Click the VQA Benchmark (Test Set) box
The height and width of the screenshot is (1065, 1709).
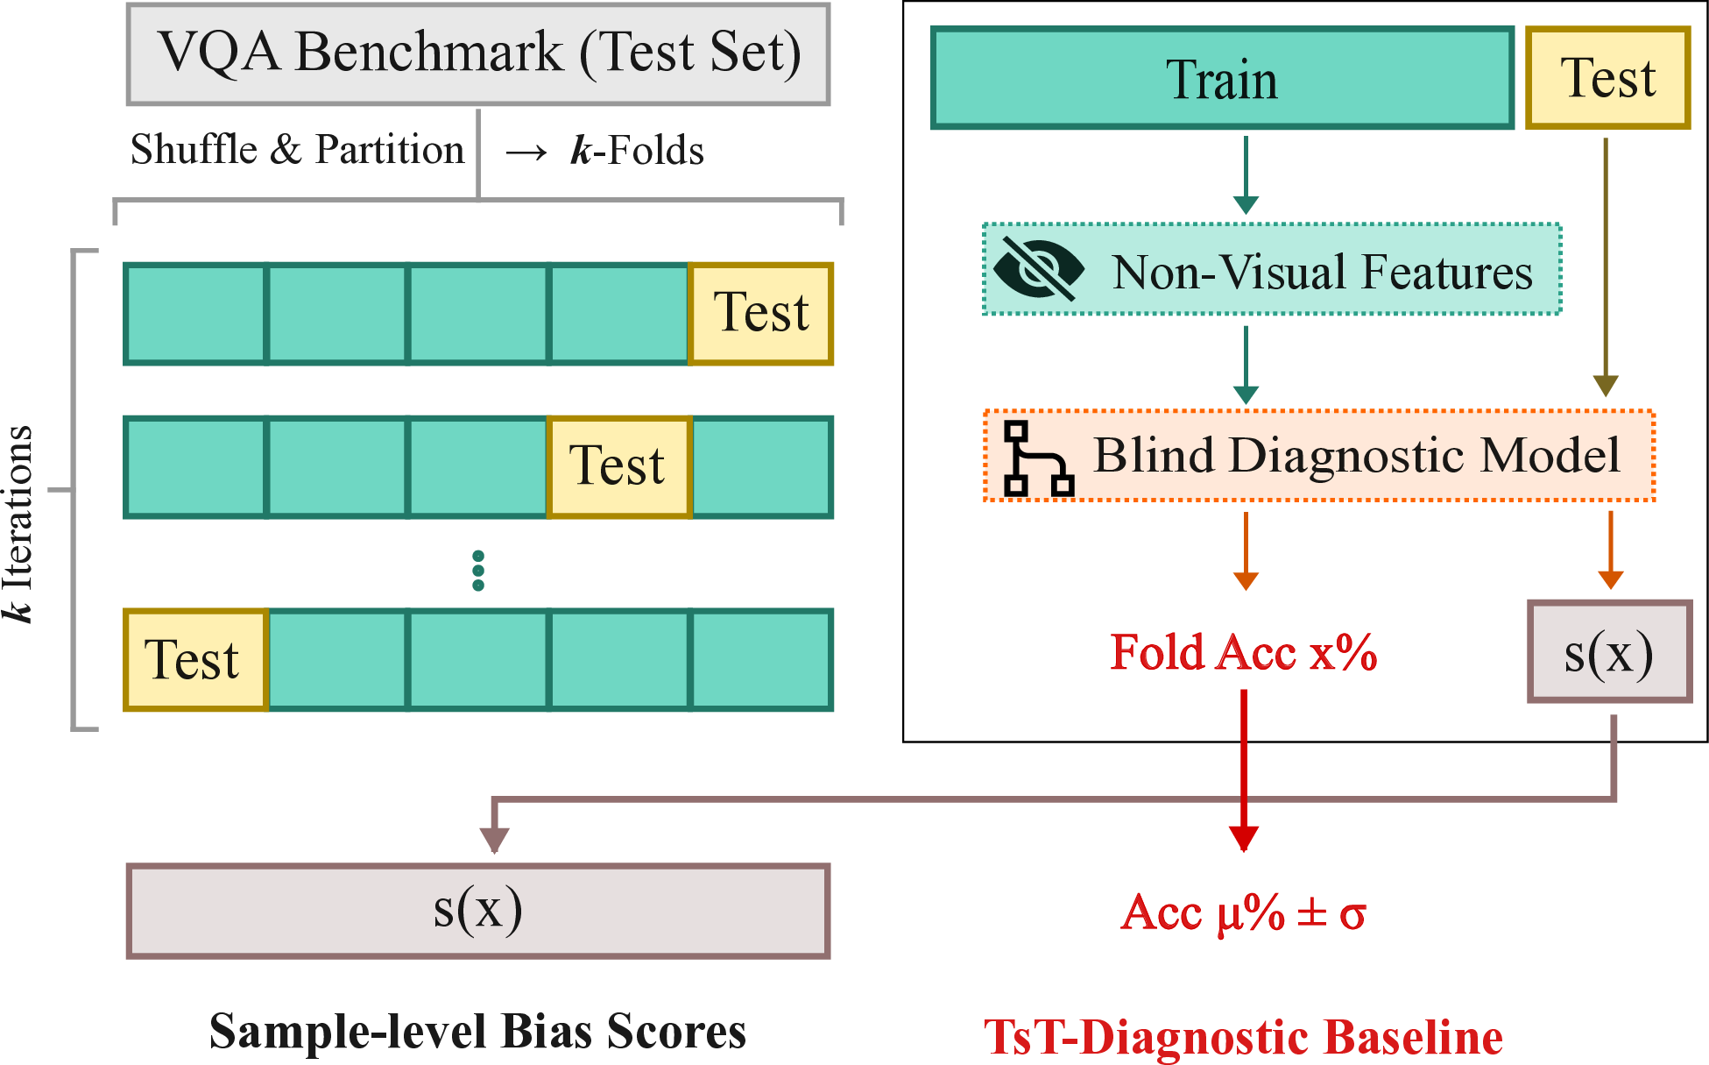tap(478, 53)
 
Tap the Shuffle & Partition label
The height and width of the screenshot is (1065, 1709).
tap(297, 150)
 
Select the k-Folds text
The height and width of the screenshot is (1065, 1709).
tap(637, 151)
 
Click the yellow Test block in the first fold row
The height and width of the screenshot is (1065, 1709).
tap(760, 313)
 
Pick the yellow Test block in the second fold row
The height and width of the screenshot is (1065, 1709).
tap(619, 466)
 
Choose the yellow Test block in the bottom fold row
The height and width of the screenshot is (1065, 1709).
tap(194, 659)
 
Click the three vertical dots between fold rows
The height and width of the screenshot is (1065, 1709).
tap(478, 571)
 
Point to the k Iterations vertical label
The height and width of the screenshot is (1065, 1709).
tap(19, 524)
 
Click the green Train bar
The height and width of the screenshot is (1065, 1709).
tap(1221, 79)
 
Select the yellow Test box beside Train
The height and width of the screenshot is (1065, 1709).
tap(1607, 78)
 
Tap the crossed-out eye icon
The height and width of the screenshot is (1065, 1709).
tap(1038, 269)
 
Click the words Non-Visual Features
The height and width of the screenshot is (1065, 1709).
tap(1322, 272)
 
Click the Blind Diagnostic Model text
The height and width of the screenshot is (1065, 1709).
tap(1357, 456)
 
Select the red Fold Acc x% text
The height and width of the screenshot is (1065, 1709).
tap(1243, 653)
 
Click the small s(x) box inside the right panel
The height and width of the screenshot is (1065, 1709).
tap(1609, 652)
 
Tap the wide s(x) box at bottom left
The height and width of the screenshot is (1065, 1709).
tap(478, 911)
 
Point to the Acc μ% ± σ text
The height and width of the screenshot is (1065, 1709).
tap(1243, 913)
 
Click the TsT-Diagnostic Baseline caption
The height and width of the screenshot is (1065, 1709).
tap(1243, 1038)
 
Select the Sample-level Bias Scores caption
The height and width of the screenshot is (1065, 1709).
tap(477, 1032)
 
